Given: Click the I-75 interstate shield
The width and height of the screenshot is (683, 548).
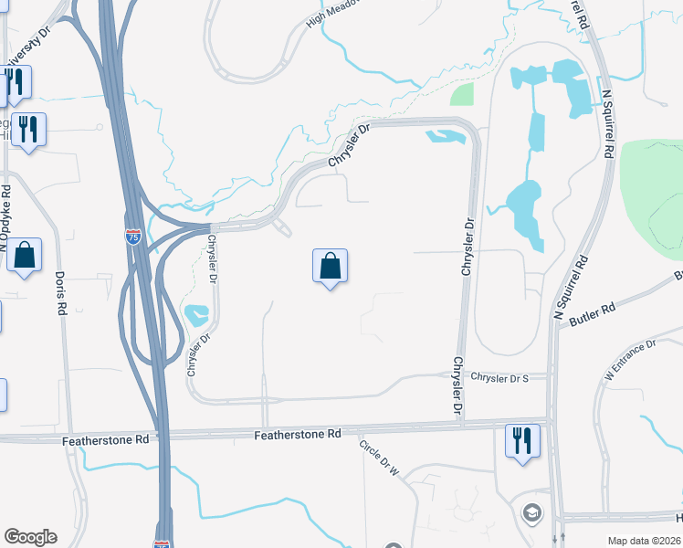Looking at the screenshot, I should coord(133,237).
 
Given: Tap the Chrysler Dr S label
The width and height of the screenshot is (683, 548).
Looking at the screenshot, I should coord(499,376).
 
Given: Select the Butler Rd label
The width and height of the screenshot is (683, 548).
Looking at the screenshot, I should coord(592,316).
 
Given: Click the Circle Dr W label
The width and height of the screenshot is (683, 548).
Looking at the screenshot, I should coord(379,458).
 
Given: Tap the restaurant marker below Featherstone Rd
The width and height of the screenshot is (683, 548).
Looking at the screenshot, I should coord(522,442).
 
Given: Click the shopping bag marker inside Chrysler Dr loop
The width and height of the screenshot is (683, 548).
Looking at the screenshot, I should coord(331,267).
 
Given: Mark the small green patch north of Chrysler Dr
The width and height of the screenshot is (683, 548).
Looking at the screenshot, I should coord(462,94).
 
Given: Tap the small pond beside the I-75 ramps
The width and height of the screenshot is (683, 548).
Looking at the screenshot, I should coord(196,316).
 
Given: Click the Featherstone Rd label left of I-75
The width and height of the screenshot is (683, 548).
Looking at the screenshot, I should coord(105,440).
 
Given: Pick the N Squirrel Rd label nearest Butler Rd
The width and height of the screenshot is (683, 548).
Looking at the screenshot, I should coord(568,286).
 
